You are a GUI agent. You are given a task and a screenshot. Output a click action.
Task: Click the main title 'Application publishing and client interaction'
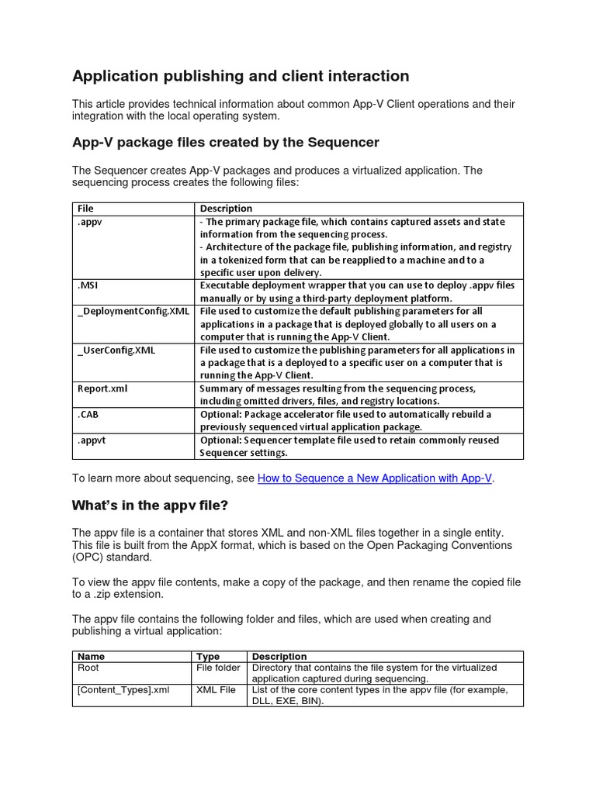click(241, 76)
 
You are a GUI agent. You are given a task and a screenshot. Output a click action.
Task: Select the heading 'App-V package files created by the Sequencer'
click(225, 143)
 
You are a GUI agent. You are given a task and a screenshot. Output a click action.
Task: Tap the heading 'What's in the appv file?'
click(151, 506)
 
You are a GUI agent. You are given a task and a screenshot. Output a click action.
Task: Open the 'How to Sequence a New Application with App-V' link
click(374, 478)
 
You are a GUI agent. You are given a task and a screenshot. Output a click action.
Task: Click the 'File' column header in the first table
click(85, 209)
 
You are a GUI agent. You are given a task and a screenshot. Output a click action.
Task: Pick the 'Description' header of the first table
click(226, 209)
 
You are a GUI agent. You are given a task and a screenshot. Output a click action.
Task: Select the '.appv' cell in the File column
click(89, 222)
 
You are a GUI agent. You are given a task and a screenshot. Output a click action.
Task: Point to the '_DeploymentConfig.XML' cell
click(133, 311)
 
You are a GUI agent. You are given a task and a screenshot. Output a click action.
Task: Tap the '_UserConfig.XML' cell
click(116, 350)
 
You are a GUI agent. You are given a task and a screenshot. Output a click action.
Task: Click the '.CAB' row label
click(88, 414)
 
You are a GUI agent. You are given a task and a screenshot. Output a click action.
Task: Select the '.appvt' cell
click(92, 440)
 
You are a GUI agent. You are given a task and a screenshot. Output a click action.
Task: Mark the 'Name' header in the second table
click(91, 657)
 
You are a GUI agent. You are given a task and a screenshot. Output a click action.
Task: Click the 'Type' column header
click(208, 657)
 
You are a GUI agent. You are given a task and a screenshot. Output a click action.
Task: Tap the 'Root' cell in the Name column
click(88, 668)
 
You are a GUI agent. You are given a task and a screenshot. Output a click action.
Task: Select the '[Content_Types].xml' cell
click(123, 690)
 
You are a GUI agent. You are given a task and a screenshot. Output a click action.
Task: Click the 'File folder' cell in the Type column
click(218, 668)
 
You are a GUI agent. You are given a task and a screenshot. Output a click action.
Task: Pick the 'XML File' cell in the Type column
click(216, 690)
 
